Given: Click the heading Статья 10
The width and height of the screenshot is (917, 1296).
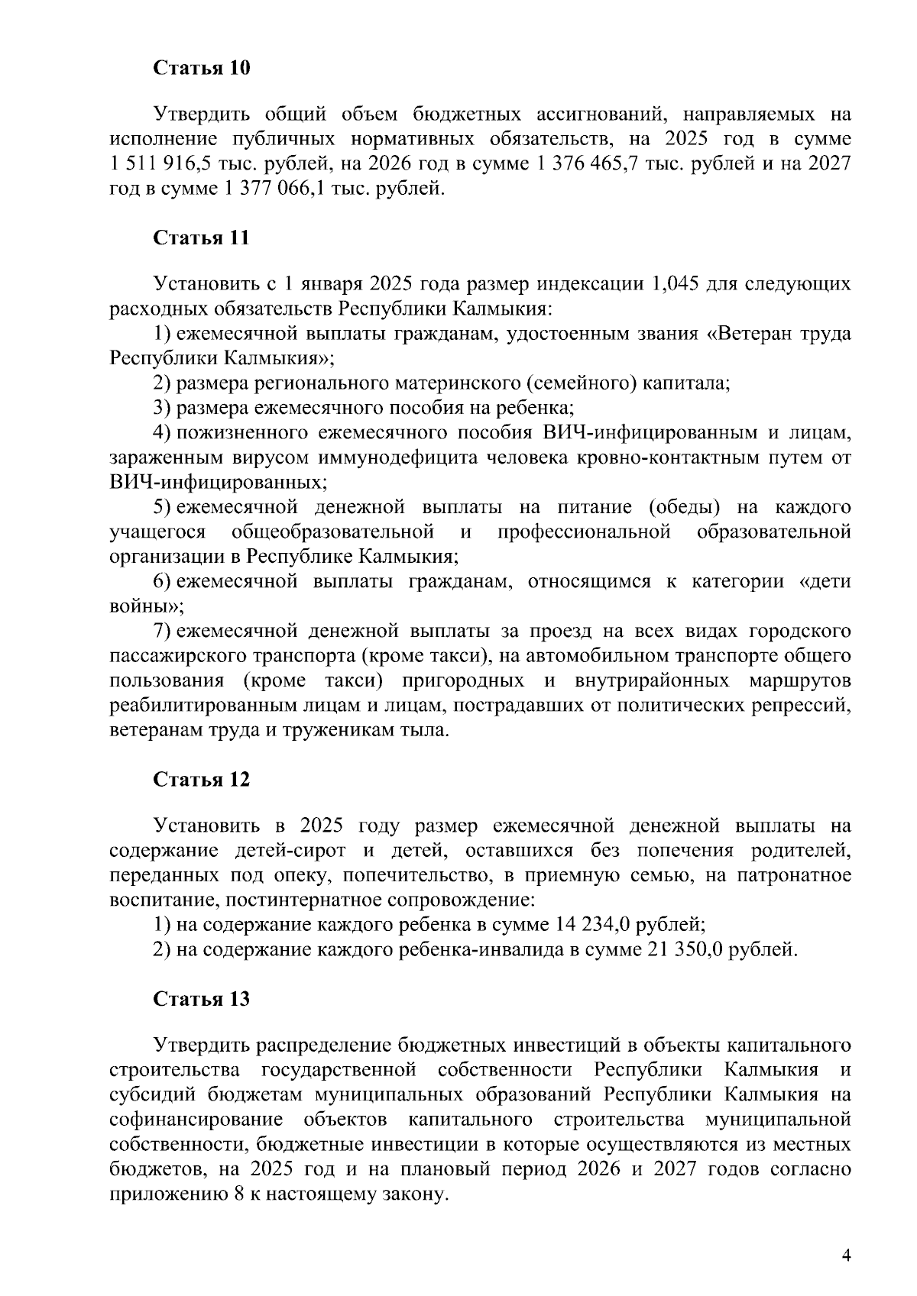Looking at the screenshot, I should click(202, 68).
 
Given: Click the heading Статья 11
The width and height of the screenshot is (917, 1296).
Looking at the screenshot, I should click(202, 238).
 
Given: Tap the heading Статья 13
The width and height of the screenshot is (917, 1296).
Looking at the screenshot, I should click(202, 999).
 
